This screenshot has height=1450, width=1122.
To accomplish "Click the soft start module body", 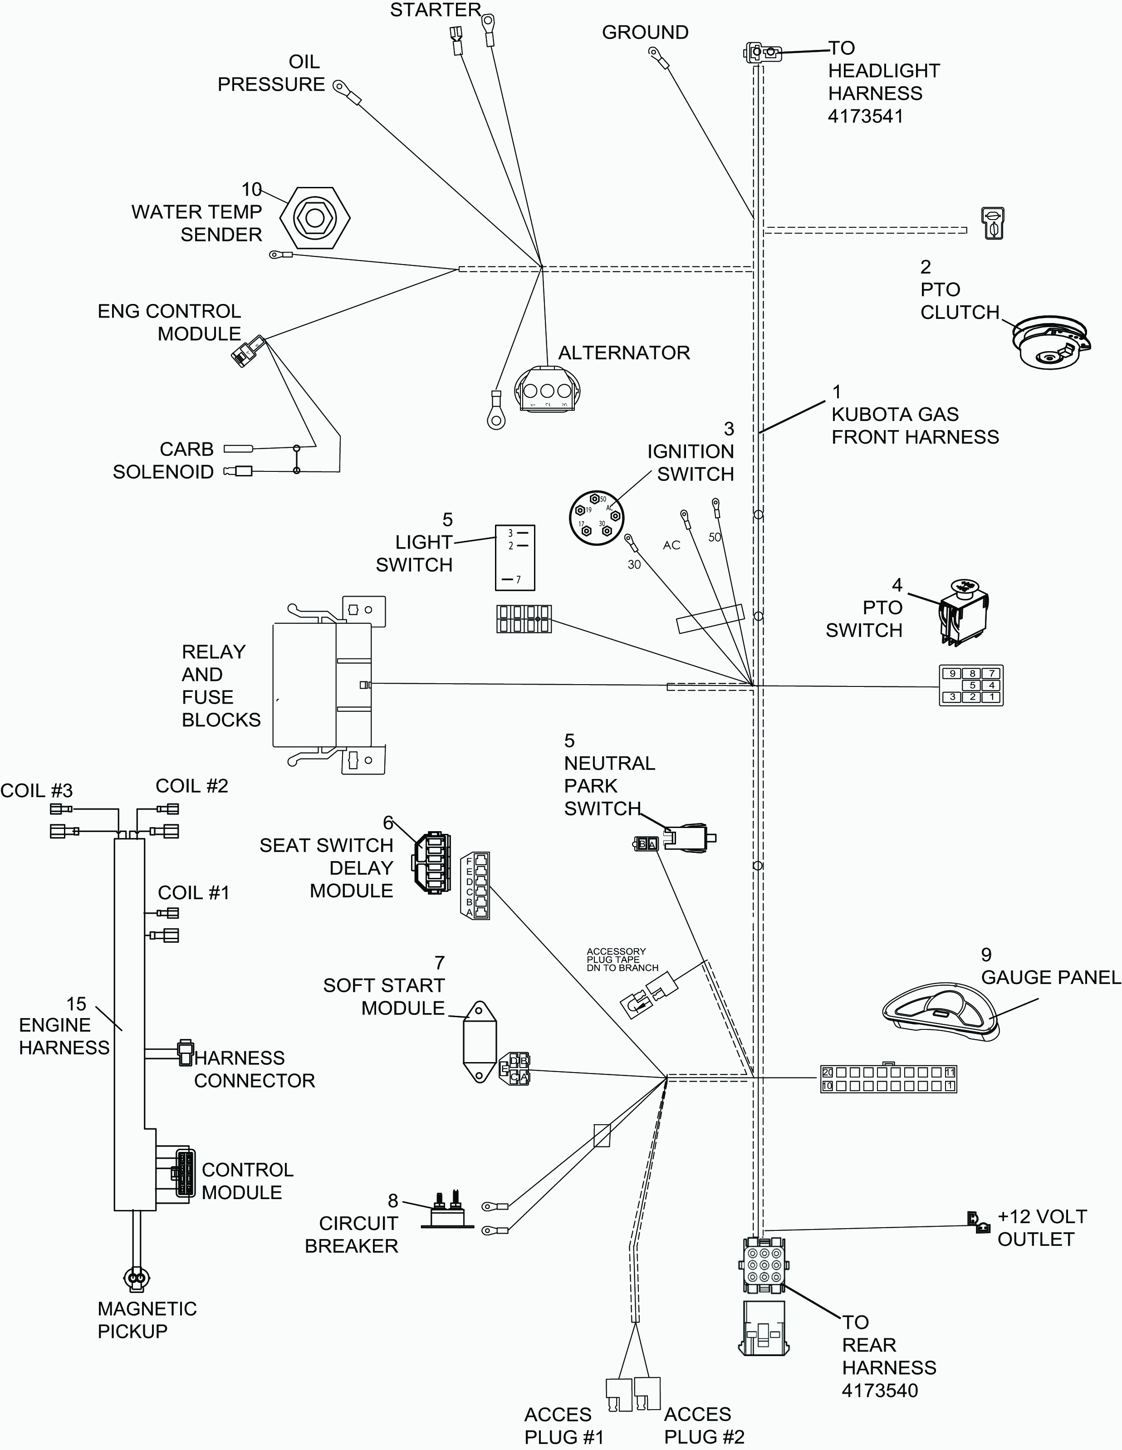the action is tap(480, 1042).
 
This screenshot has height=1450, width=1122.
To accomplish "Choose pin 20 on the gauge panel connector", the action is tap(827, 1072).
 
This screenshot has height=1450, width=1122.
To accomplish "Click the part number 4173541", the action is tap(865, 116).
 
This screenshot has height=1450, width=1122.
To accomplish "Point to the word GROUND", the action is tap(645, 33).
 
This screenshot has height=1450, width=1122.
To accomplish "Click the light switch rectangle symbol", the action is tap(514, 558).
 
